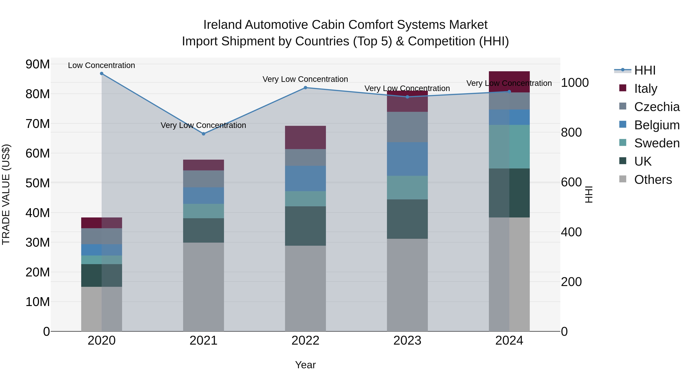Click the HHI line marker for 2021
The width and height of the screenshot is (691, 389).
(x=203, y=134)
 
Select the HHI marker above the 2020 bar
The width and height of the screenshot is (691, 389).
(x=102, y=74)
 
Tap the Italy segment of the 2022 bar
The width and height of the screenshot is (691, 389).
(x=305, y=138)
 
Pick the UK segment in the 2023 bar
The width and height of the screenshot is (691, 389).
(x=407, y=219)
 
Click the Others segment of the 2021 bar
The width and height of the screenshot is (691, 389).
(x=203, y=287)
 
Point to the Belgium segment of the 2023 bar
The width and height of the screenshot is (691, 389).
(x=407, y=159)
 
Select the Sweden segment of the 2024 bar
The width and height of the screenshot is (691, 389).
(x=509, y=147)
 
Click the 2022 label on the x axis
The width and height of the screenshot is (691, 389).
(x=305, y=341)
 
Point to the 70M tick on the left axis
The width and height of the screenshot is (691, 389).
(x=38, y=124)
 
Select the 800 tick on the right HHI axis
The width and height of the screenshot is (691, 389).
(x=571, y=132)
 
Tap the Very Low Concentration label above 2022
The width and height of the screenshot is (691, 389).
(x=305, y=79)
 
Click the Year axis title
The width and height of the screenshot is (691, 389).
(x=305, y=365)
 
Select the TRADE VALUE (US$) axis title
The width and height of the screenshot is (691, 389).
(x=6, y=194)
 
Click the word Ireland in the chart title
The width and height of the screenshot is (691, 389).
(x=222, y=25)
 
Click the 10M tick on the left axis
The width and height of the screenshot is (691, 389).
(x=38, y=302)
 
